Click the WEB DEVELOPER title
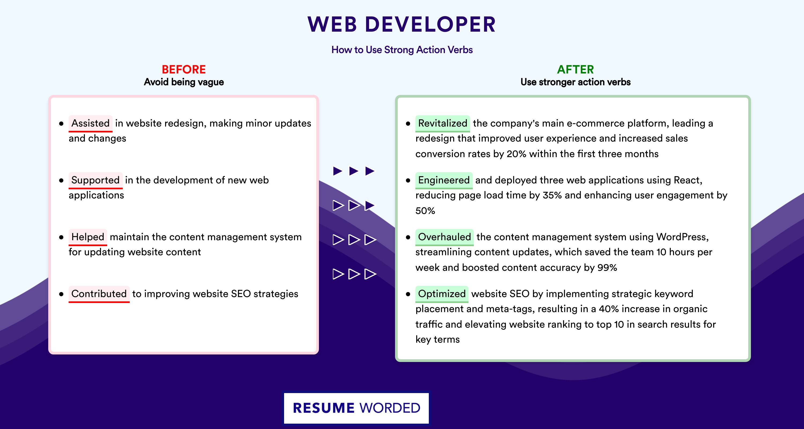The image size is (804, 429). point(402,24)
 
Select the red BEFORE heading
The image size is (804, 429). point(184,69)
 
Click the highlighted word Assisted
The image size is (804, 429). point(91,123)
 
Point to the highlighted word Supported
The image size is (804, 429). point(95,180)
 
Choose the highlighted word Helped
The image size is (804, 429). point(88,237)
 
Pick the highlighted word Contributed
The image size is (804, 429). point(99,294)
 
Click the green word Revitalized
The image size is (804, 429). point(442,123)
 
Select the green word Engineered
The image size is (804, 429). point(444,180)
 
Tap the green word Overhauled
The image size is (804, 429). point(444,237)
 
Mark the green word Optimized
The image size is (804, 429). point(442,294)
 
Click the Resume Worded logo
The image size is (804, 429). point(356,408)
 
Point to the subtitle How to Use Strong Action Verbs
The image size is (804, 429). point(402,50)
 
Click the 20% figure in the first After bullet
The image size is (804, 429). point(516,154)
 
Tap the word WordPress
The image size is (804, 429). point(682,237)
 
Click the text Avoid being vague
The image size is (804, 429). point(184,82)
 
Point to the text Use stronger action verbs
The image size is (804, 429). point(576,82)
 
